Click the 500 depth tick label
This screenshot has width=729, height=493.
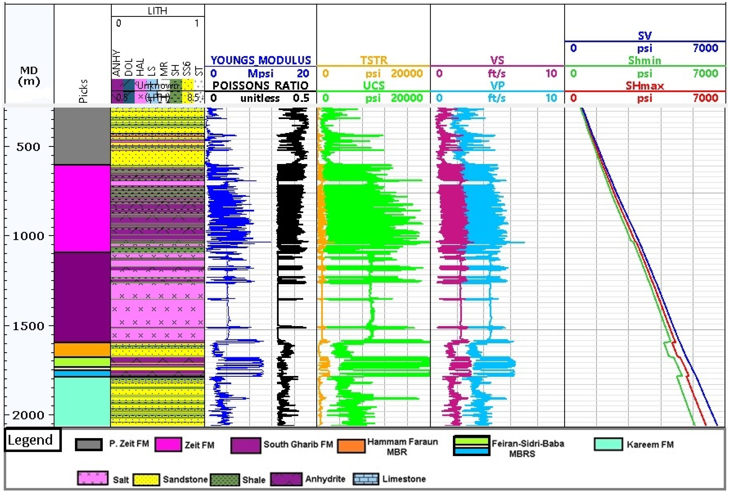[x=28, y=147]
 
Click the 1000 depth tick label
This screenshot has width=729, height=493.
[x=28, y=236]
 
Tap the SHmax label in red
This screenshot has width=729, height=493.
[x=645, y=86]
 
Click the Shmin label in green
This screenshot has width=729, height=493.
[x=645, y=60]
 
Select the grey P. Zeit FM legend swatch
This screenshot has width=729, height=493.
[x=89, y=444]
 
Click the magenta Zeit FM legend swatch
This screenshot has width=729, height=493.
[x=168, y=444]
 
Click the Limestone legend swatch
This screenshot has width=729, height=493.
[x=366, y=479]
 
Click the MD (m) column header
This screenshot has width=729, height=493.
[x=29, y=76]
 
